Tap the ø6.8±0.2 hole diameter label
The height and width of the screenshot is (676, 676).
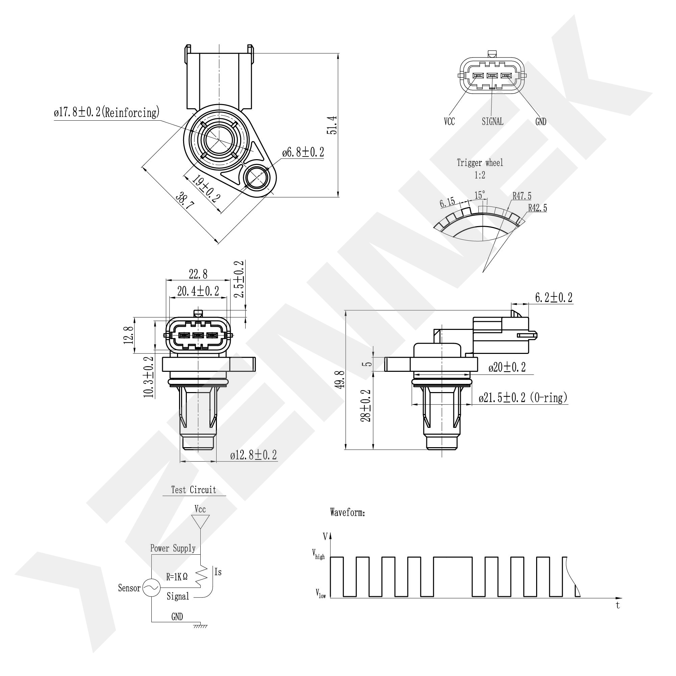click(303, 152)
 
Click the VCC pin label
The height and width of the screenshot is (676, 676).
click(449, 121)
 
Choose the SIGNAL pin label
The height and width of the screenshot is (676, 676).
click(492, 121)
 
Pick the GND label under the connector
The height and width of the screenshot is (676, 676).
click(541, 121)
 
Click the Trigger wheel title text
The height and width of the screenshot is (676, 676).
click(480, 163)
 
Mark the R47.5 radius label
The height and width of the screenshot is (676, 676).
click(522, 196)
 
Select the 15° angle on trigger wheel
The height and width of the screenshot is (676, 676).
click(480, 195)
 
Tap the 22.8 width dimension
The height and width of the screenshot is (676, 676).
click(198, 274)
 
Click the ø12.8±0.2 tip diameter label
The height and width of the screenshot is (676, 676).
click(253, 455)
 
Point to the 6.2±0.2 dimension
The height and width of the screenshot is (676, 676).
click(553, 297)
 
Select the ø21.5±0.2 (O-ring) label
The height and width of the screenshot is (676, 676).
click(523, 398)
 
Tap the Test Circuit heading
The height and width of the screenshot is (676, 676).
click(194, 490)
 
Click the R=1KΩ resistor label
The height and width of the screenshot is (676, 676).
click(177, 577)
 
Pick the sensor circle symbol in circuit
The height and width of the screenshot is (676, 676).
click(151, 588)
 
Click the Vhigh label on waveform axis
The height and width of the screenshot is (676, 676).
click(318, 554)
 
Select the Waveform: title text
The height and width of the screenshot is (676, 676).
click(347, 512)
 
